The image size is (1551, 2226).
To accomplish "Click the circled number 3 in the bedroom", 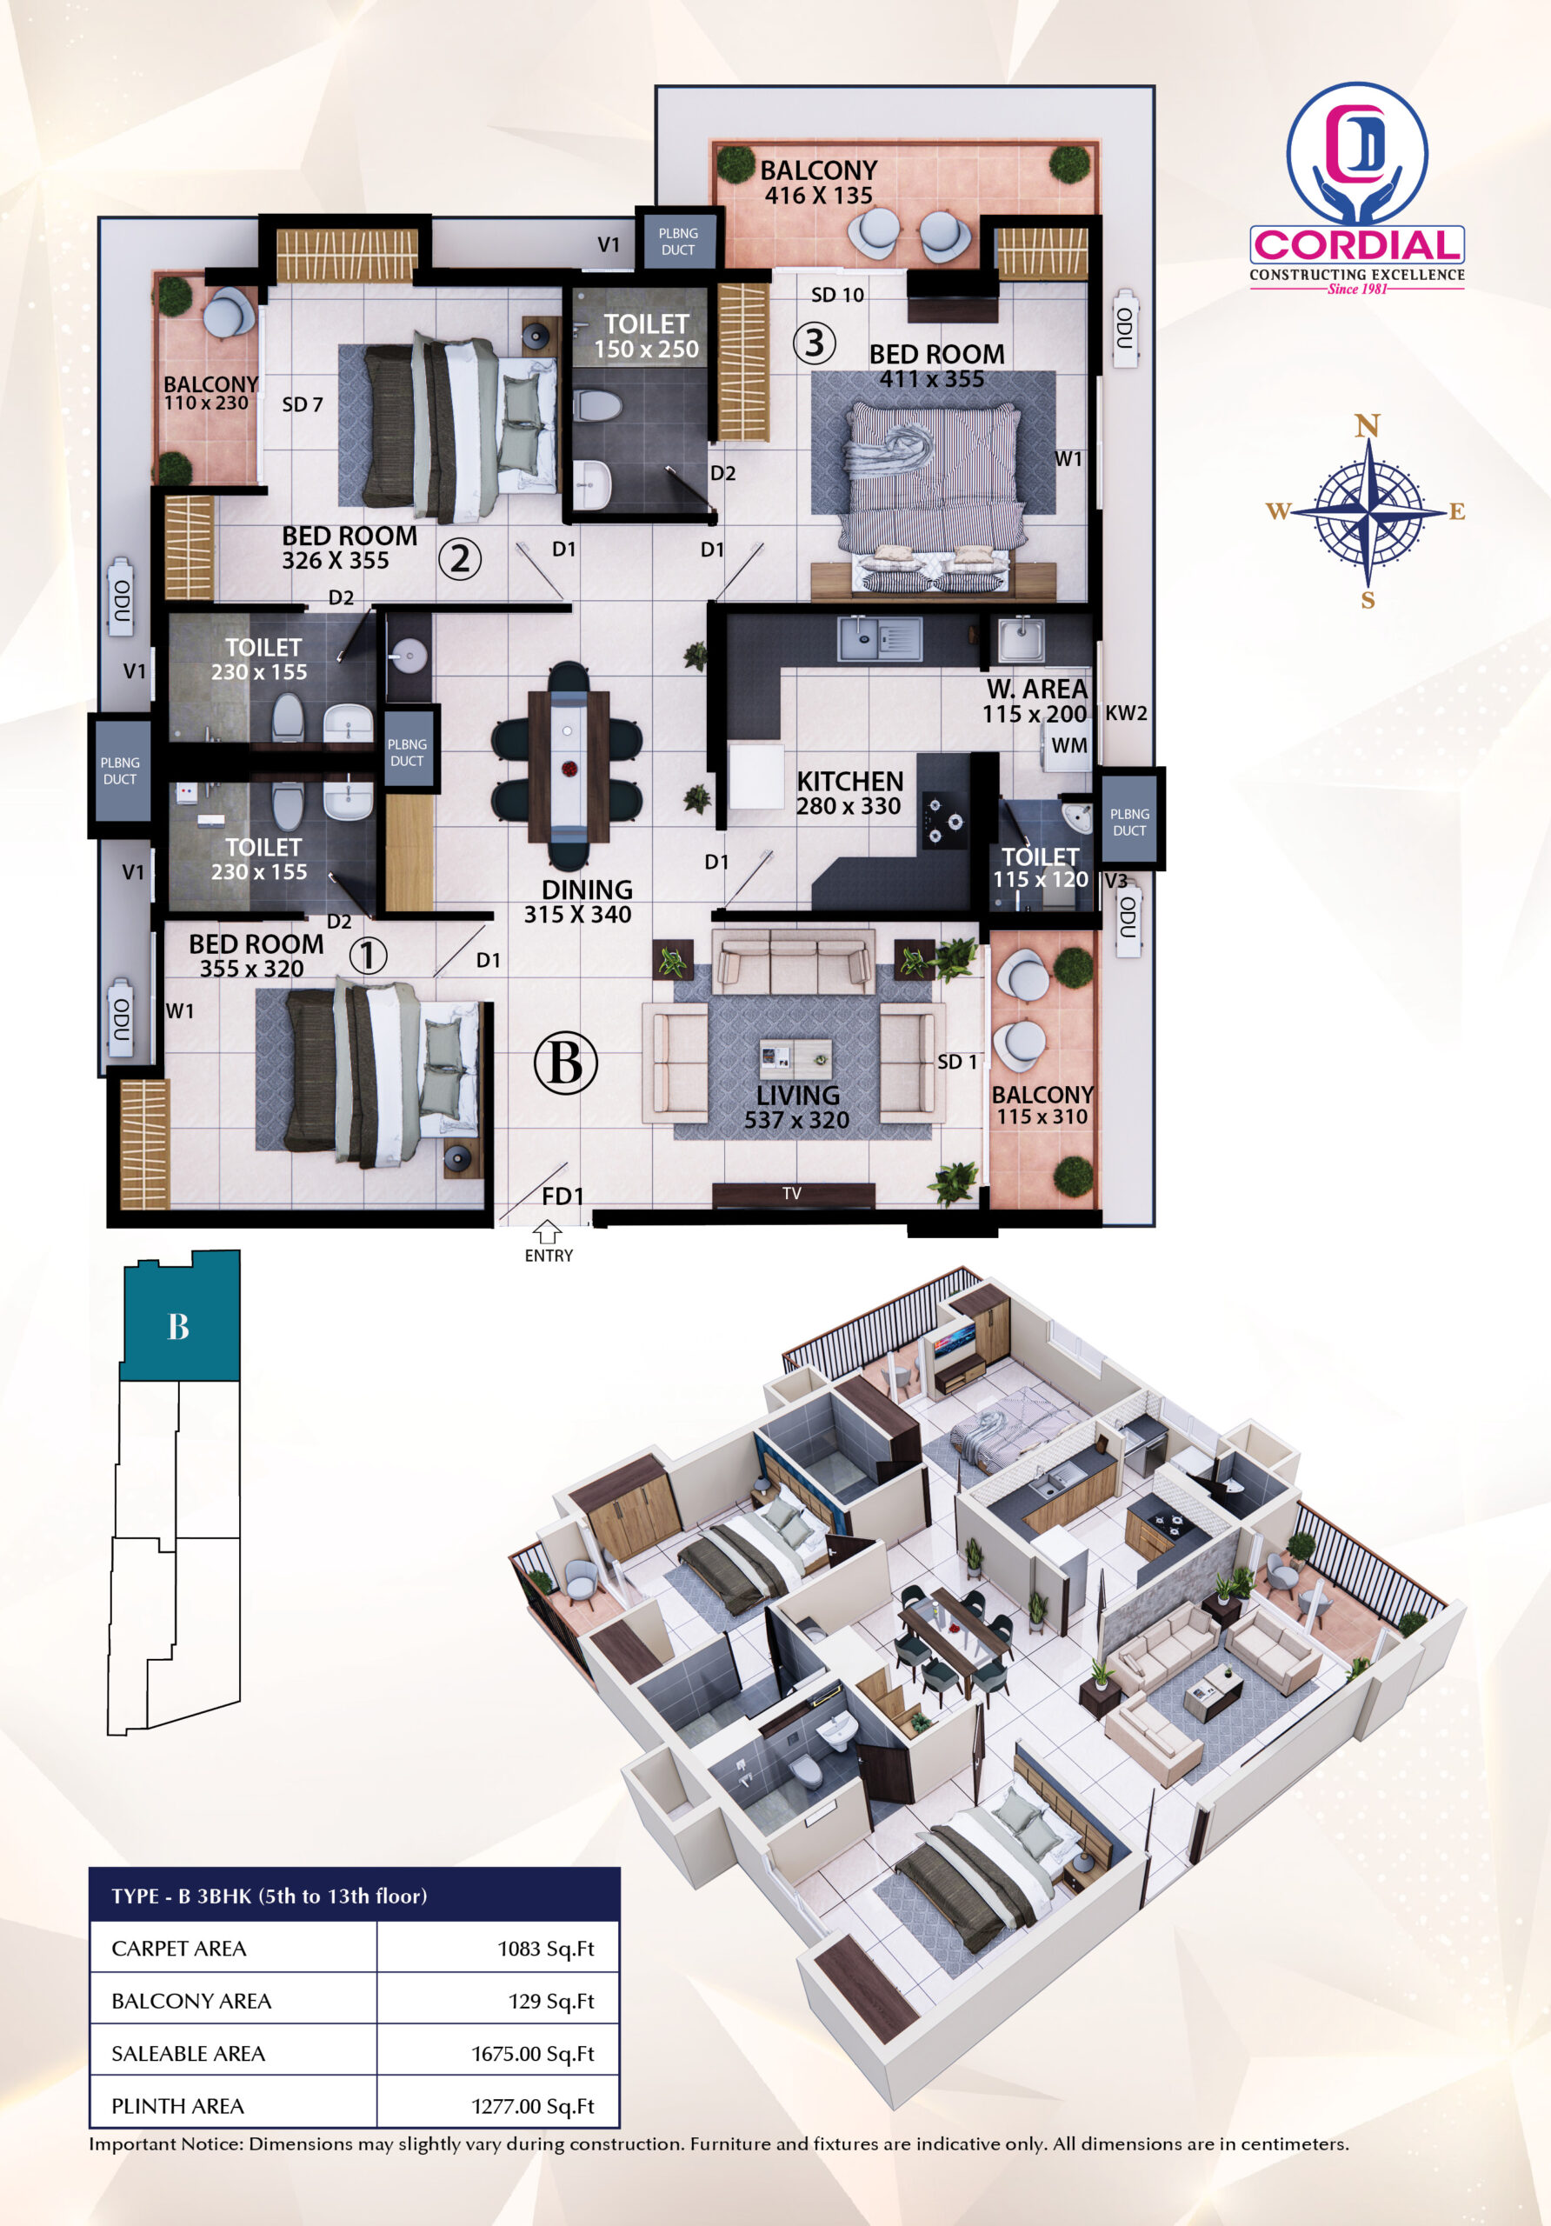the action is [x=815, y=343].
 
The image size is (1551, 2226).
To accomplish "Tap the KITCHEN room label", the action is [x=850, y=782].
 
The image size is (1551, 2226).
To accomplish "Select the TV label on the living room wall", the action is [x=792, y=1194].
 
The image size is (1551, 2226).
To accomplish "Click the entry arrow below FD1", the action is [x=548, y=1231].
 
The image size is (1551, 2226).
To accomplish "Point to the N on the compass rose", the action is [x=1367, y=425].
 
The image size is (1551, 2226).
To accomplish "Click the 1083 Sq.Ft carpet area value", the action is [x=546, y=1949].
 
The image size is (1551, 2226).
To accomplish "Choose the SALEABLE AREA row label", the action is [x=188, y=2054].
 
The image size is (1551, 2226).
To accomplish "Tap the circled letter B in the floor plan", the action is [x=565, y=1063].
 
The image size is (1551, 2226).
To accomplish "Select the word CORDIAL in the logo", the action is [x=1357, y=245].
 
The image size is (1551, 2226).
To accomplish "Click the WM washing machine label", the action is [x=1069, y=745].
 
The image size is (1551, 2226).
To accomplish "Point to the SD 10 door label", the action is [x=837, y=295].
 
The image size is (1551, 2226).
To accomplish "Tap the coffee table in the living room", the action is [x=795, y=1059].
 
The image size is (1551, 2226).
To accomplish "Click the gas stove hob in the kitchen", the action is [x=944, y=815].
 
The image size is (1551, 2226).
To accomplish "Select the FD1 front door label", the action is [x=562, y=1197].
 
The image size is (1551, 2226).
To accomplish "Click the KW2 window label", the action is [x=1127, y=714].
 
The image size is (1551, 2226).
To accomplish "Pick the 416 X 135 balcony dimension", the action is [x=819, y=196].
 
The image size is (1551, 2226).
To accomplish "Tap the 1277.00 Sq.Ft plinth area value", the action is [x=533, y=2106].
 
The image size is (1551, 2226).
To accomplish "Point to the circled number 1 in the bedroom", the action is [x=368, y=956].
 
